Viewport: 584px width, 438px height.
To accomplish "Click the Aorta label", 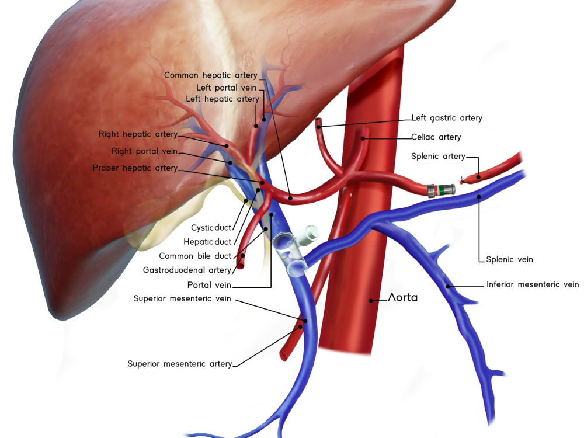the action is coord(402,297).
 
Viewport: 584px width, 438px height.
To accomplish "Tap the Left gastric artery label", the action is coord(447,118).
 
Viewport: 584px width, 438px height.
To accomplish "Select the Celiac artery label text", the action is coord(436,137).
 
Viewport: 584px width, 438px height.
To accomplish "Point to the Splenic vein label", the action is coord(509,259).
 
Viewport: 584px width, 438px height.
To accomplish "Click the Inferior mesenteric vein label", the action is coord(533,284).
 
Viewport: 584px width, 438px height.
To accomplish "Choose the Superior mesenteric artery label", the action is coord(179,363).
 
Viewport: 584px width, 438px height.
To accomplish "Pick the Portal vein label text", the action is coord(209,285).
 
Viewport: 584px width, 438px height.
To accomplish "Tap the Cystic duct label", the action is coord(211,228).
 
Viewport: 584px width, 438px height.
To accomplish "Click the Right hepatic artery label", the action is coord(138,134).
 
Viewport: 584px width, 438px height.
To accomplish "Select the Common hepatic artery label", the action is coord(210,75).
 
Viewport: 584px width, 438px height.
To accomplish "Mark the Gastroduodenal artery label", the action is coord(187,270).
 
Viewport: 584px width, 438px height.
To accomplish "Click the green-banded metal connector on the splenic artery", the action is coord(441,190).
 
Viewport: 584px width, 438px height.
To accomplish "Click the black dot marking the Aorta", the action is coord(371,300).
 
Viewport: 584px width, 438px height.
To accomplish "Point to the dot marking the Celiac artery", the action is coord(363,138).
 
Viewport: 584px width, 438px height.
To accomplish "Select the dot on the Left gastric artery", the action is coord(319,127).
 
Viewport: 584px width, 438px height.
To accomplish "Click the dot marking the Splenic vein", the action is coord(479,196).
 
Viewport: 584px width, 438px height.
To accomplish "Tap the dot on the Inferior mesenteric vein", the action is coord(448,286).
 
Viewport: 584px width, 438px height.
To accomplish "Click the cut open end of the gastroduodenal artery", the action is coord(240,264).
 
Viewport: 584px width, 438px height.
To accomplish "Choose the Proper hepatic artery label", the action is coord(135,168).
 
